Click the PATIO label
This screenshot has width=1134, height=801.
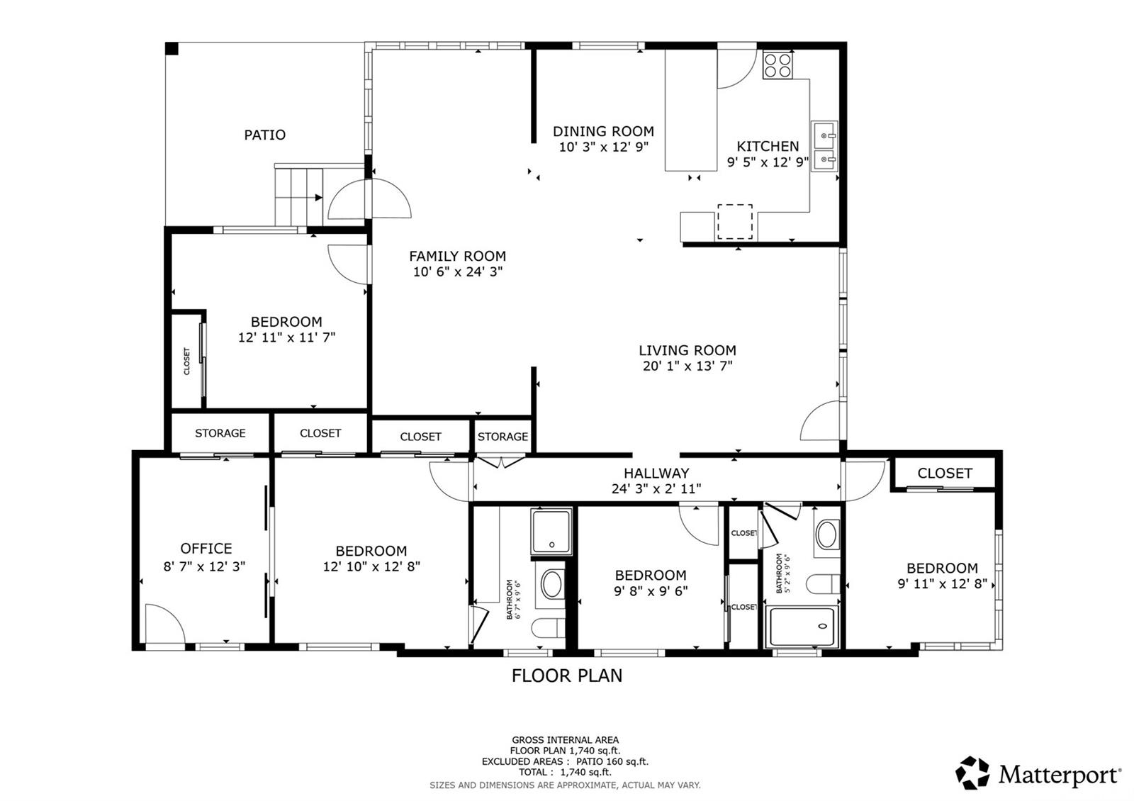tap(265, 135)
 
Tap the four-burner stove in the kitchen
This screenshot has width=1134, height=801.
tap(777, 65)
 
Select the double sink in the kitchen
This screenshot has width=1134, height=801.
tap(824, 146)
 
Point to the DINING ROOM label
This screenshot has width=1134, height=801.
tap(603, 132)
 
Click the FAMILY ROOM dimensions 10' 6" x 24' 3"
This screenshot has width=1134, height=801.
tap(458, 272)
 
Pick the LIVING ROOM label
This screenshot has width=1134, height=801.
tap(687, 350)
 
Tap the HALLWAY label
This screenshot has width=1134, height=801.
tap(656, 474)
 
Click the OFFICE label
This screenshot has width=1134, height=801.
tap(206, 549)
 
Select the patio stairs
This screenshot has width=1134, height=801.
tap(298, 196)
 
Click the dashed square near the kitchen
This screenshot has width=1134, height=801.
tap(734, 222)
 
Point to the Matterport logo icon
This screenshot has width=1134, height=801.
tap(972, 773)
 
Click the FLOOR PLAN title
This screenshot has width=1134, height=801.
tap(567, 676)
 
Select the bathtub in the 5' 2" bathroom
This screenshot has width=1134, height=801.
tap(802, 627)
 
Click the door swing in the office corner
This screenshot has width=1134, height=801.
tap(165, 624)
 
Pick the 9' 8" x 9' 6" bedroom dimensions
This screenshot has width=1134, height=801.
tap(651, 591)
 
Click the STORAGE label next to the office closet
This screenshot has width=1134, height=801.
tap(220, 433)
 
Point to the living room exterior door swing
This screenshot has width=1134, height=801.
tap(820, 420)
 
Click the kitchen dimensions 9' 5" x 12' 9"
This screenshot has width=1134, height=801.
tap(768, 162)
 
